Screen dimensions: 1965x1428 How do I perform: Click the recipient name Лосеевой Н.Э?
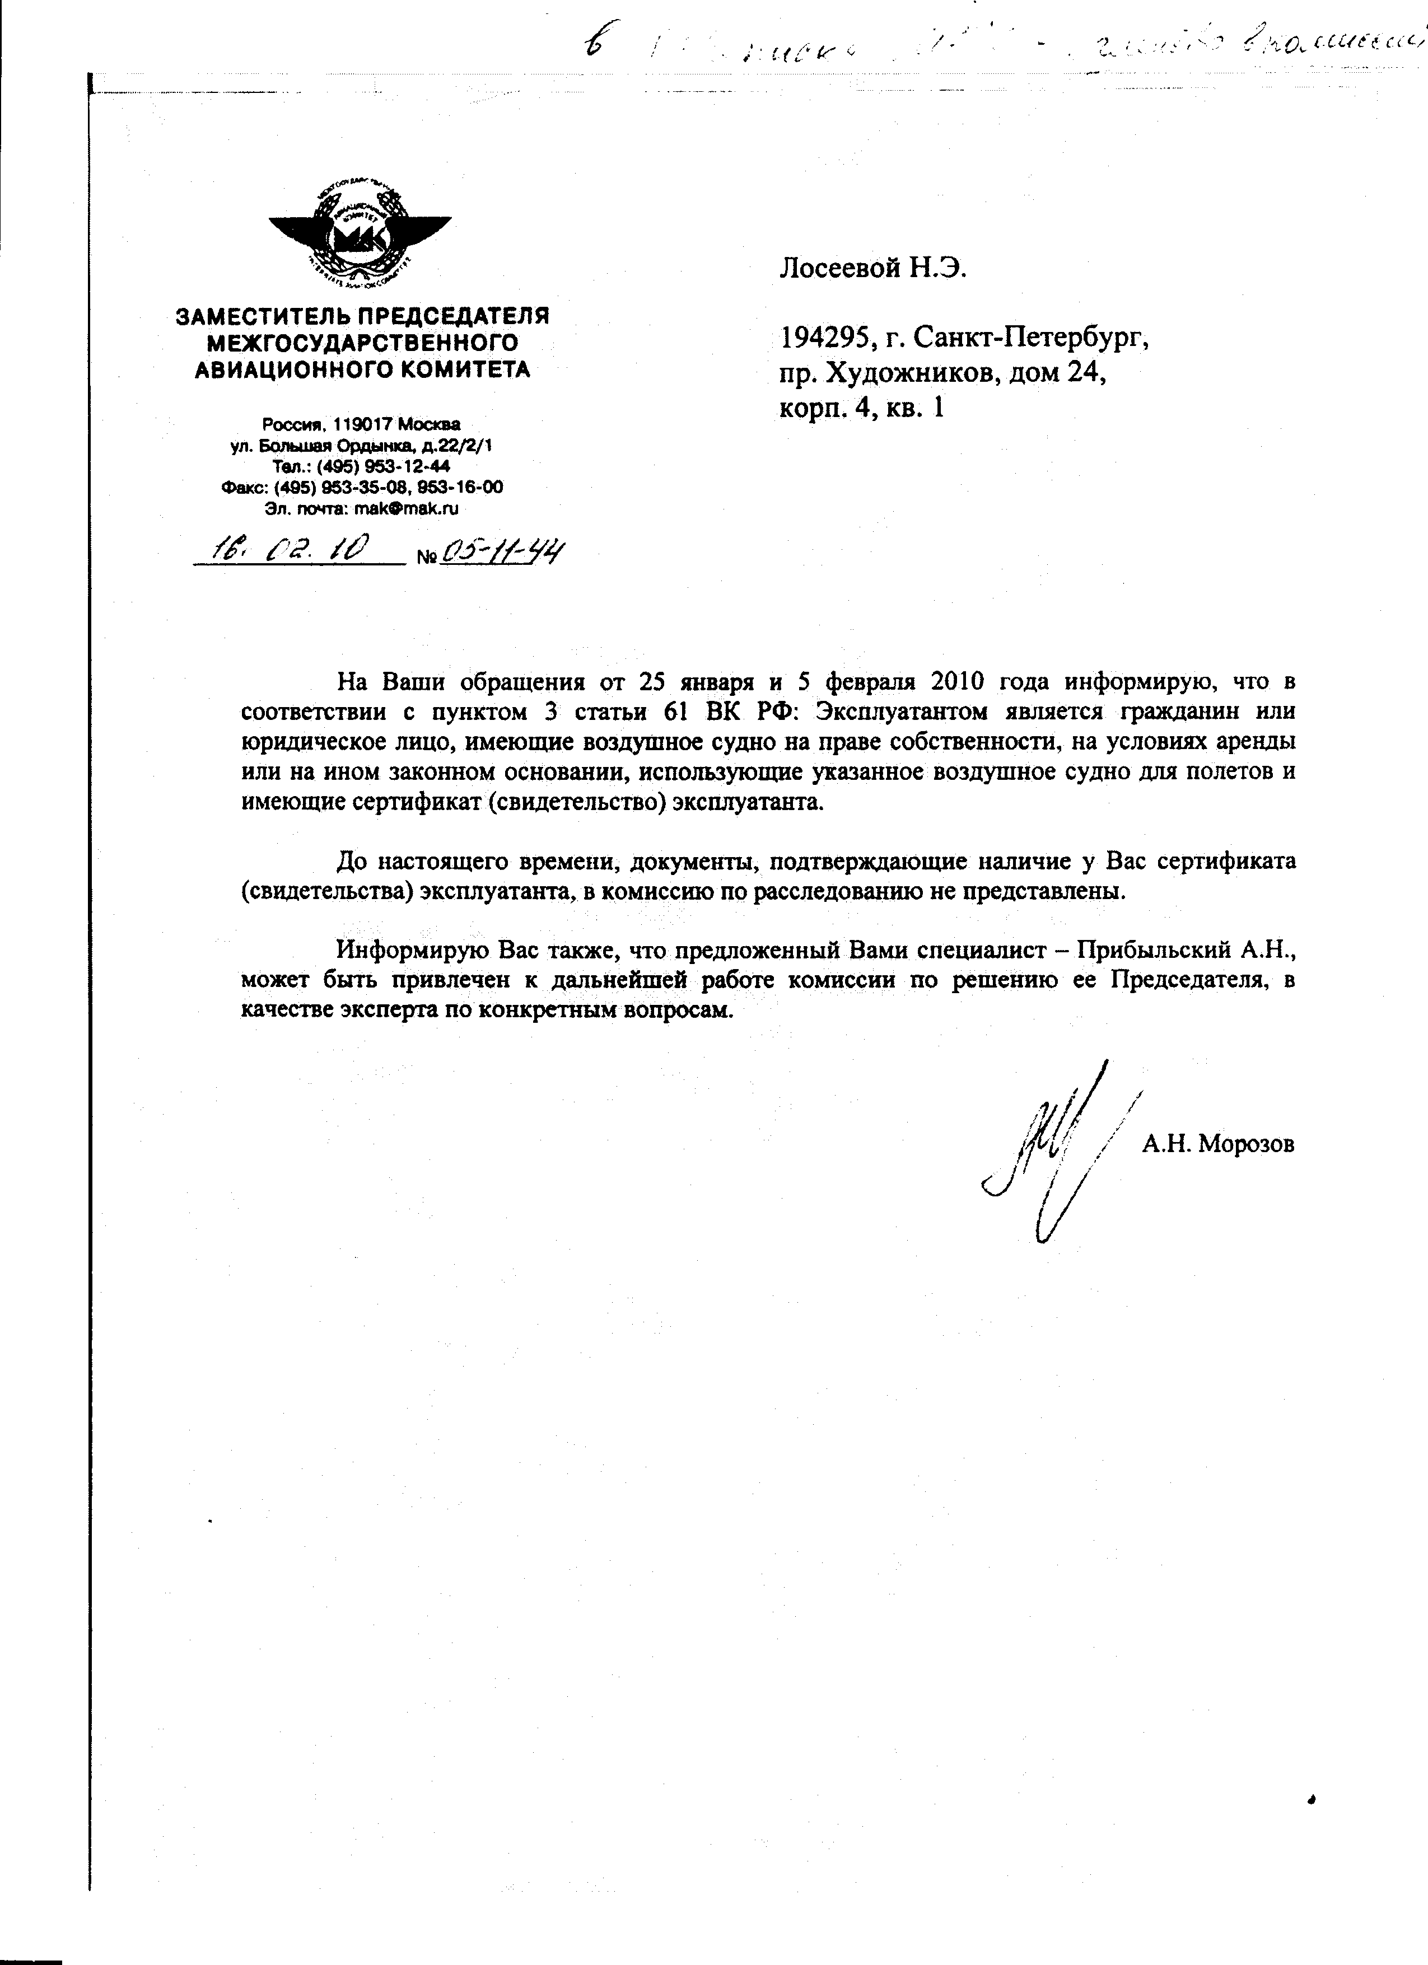click(872, 269)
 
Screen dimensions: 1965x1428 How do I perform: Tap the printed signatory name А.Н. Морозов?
click(1217, 1144)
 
